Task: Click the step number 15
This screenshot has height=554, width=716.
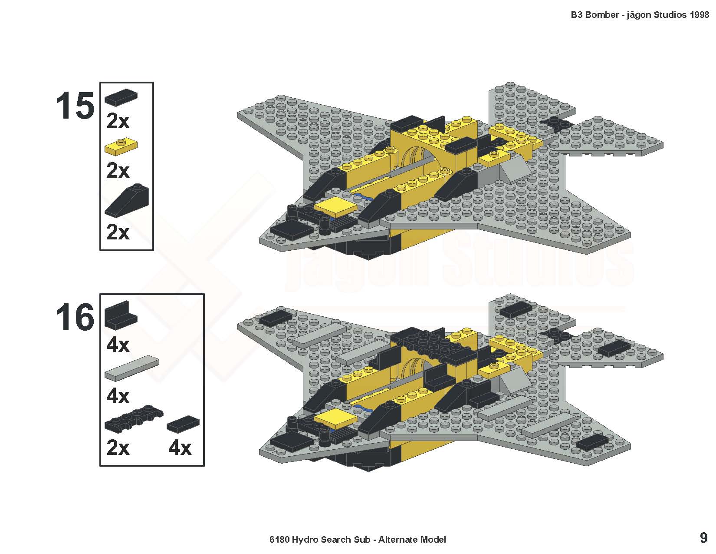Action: pyautogui.click(x=75, y=106)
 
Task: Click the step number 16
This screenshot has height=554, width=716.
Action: pyautogui.click(x=75, y=318)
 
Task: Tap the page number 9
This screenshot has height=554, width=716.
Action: pyautogui.click(x=703, y=538)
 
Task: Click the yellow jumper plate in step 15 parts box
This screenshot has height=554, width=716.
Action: pyautogui.click(x=121, y=146)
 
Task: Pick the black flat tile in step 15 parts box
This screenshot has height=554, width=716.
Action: pyautogui.click(x=121, y=98)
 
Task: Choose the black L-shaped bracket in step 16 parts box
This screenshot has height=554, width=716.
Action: pyautogui.click(x=121, y=315)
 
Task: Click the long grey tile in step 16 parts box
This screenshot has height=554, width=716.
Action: pyautogui.click(x=132, y=368)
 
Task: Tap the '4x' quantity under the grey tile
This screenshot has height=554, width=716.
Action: pyautogui.click(x=118, y=396)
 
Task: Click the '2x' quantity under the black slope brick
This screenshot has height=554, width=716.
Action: pyautogui.click(x=118, y=232)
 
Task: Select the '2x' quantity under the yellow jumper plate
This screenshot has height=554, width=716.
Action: pyautogui.click(x=118, y=171)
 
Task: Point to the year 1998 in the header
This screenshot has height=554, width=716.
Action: pyautogui.click(x=699, y=15)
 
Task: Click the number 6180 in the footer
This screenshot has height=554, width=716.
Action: pyautogui.click(x=279, y=540)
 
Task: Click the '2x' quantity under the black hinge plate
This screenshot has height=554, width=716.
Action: pyautogui.click(x=118, y=448)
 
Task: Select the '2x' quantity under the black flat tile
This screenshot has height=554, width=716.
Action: pyautogui.click(x=118, y=121)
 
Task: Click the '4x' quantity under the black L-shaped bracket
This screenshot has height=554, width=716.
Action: pyautogui.click(x=118, y=345)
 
